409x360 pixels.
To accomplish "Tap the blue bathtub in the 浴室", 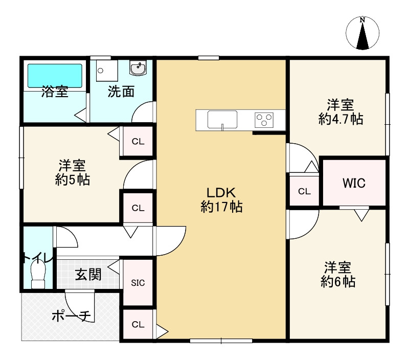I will pos(55,75).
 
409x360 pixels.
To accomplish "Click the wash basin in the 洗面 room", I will pos(138,67).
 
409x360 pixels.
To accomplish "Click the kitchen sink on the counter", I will pos(222,120).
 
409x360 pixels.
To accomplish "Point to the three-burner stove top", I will pos(264,120).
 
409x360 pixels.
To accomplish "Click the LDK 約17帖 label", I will pos(221,200).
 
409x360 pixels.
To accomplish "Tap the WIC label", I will pos(354,183).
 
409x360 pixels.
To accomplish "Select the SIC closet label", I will pos(138,283).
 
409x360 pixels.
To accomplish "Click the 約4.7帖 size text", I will pos(340,120).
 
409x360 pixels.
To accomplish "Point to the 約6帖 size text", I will pos(338,282).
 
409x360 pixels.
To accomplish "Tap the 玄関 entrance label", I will pos(88,275).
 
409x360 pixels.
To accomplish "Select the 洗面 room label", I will pos(121,92).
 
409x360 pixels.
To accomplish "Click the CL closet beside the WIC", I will pos(304,191).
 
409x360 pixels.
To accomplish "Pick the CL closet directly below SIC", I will pos(138,324).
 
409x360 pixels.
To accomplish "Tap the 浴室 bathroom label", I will pos(55,92).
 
